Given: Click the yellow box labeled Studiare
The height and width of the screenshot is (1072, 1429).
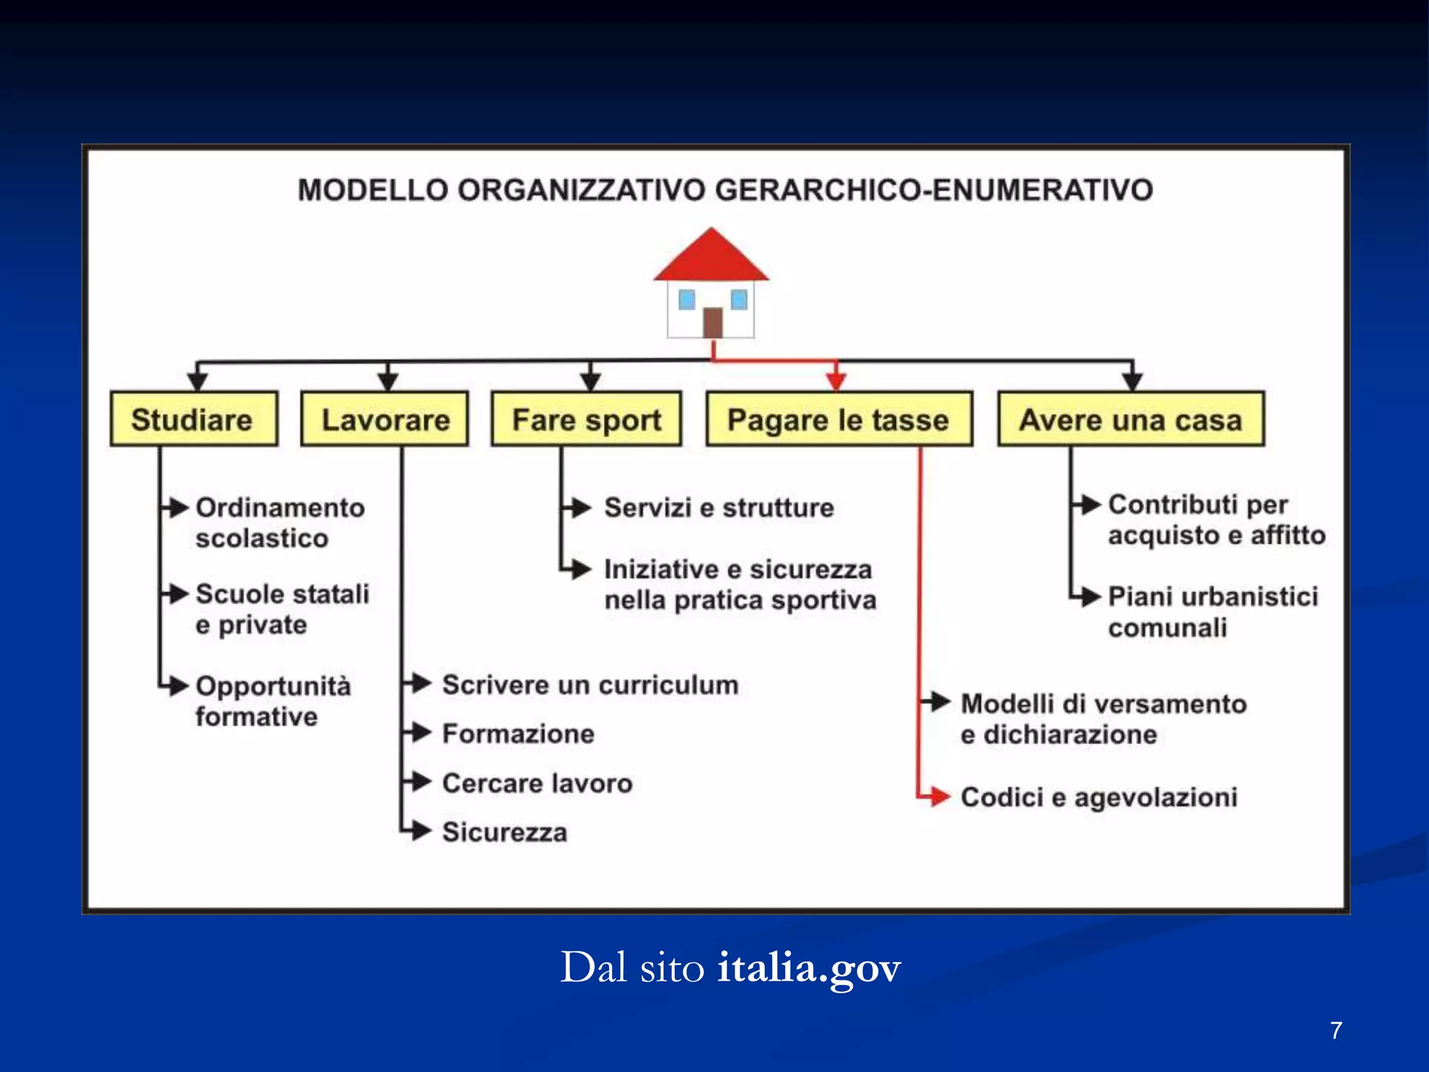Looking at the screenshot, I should click(193, 419).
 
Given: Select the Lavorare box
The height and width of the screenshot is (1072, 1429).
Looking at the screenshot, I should click(384, 419).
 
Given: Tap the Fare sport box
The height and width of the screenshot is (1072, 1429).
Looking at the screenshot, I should click(586, 419).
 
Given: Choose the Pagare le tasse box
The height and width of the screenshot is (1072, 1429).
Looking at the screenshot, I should click(839, 419).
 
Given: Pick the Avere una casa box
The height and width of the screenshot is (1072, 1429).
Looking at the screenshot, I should click(1130, 419).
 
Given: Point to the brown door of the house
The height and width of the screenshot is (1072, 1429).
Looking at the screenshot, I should click(712, 322).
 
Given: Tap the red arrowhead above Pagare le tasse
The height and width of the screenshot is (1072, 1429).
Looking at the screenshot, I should click(836, 381).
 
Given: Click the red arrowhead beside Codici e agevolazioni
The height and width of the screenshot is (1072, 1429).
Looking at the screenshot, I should click(939, 796).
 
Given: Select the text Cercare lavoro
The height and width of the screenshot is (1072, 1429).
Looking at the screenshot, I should click(537, 783).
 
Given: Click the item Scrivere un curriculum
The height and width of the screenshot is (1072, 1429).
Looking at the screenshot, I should click(590, 685).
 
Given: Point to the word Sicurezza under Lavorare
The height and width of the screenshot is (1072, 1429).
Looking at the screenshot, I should click(504, 832).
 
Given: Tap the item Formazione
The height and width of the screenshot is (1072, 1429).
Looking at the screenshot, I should click(518, 734).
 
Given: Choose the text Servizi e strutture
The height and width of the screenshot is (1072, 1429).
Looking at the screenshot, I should click(719, 507).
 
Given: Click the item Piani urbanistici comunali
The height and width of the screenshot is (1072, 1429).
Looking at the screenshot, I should click(1213, 612).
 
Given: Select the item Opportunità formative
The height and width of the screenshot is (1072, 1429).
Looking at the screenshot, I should click(272, 701).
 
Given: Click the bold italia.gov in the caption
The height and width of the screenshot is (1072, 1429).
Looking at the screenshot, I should click(809, 968).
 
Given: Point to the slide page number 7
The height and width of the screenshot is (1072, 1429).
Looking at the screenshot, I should click(1336, 1030).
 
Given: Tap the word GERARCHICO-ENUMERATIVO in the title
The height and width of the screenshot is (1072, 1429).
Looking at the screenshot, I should click(934, 190).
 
